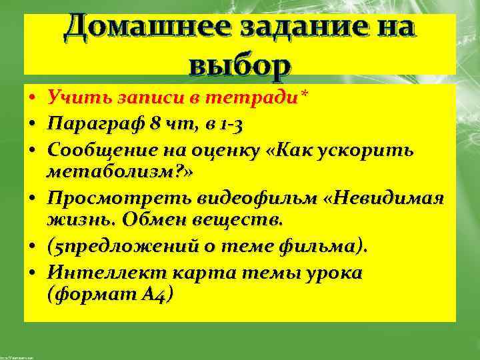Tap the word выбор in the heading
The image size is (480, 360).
point(240,65)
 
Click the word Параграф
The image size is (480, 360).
point(91,125)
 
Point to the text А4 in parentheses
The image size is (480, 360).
point(157,293)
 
